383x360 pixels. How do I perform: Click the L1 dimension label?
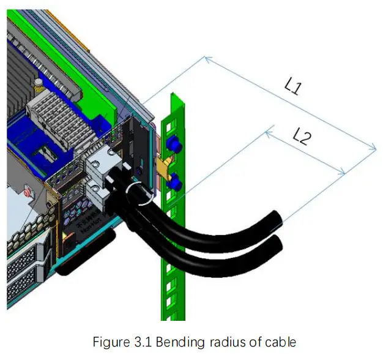pos(292,86)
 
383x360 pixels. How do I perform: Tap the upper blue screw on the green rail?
pos(173,146)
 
